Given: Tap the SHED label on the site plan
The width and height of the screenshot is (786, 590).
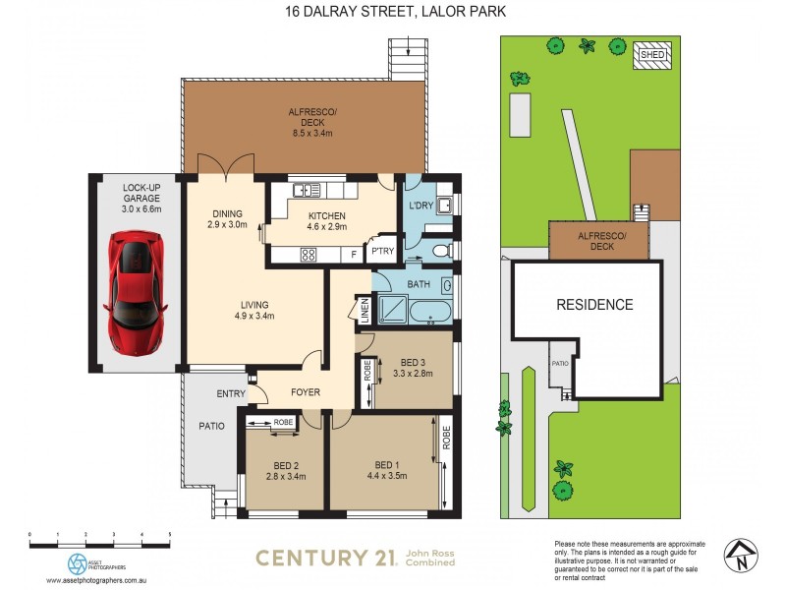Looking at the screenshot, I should (652, 54).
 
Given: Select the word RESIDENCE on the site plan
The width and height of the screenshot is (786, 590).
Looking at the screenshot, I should (594, 305).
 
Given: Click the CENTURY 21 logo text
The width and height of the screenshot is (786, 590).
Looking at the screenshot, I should (325, 558).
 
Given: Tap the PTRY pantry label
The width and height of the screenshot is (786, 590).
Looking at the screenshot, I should (381, 251).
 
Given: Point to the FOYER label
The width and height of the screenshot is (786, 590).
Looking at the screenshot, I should (306, 391).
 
